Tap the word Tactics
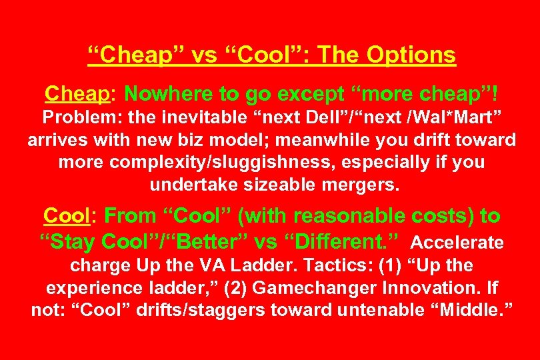(326, 265)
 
